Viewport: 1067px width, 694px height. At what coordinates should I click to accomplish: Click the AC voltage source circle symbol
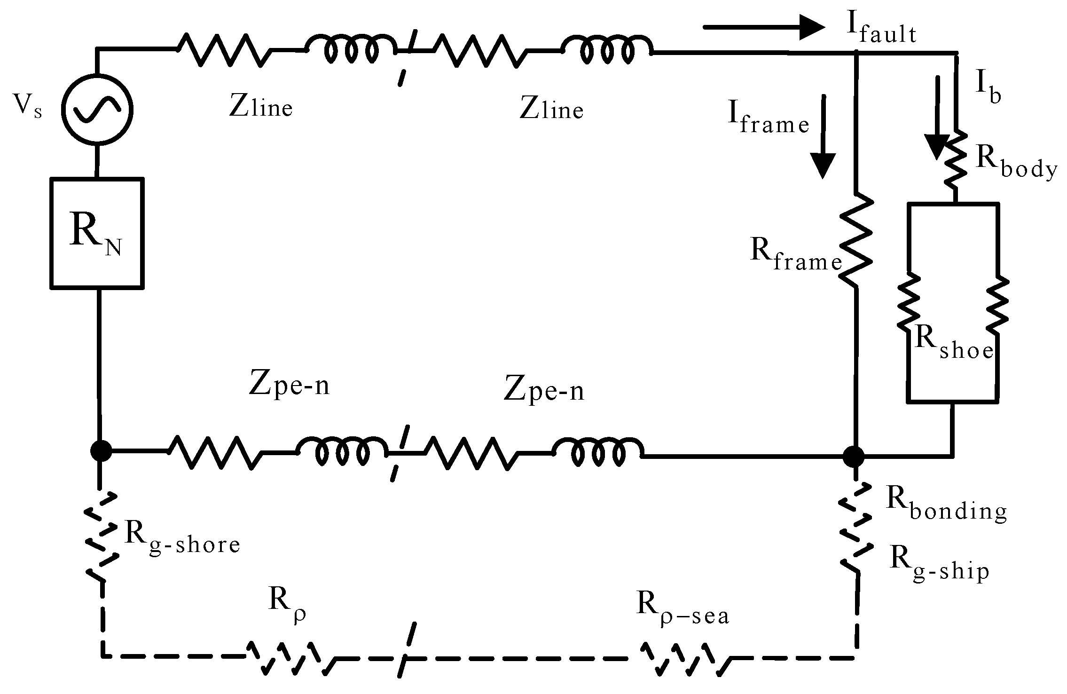pyautogui.click(x=97, y=109)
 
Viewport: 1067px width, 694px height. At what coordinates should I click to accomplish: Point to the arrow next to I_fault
pyautogui.click(x=763, y=27)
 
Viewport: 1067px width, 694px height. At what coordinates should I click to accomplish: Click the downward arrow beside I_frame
pyautogui.click(x=823, y=136)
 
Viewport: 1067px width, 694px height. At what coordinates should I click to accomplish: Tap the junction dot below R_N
pyautogui.click(x=101, y=451)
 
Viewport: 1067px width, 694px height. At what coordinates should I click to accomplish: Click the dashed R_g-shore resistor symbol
pyautogui.click(x=101, y=536)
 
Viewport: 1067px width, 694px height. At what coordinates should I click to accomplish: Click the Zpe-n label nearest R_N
pyautogui.click(x=289, y=386)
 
